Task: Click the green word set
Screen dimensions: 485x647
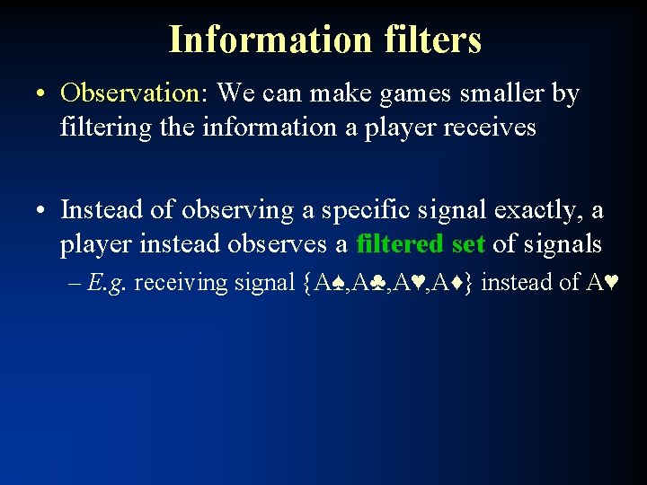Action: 467,243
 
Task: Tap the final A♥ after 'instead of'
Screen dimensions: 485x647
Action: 601,283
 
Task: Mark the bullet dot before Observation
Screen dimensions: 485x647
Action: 43,93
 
